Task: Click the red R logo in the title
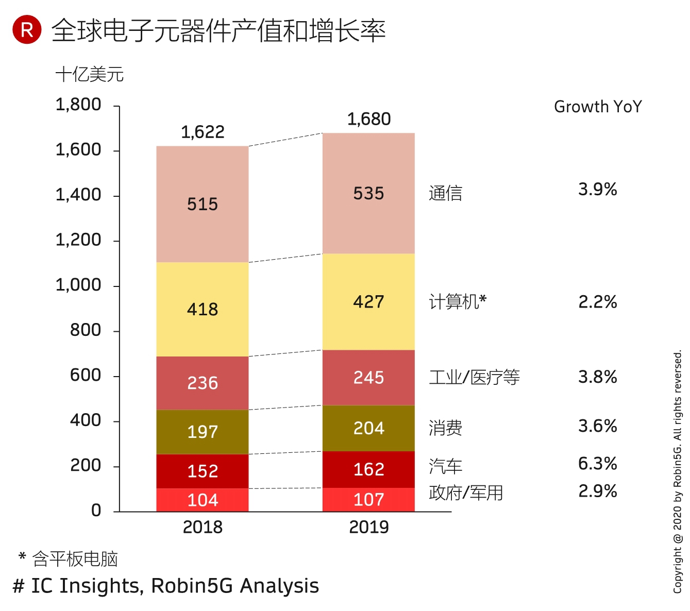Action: click(x=27, y=30)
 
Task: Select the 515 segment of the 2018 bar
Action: click(x=203, y=204)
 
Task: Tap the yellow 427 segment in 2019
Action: click(x=368, y=301)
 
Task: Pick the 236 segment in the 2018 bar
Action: click(x=203, y=383)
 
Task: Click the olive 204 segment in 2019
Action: click(x=368, y=428)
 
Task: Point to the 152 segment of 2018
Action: click(x=203, y=471)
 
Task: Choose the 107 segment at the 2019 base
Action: click(x=368, y=499)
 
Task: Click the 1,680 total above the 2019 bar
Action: click(x=369, y=119)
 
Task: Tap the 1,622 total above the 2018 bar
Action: click(x=203, y=132)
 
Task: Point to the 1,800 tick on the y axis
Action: click(x=78, y=105)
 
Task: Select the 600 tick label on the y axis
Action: click(x=86, y=375)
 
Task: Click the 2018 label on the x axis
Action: click(x=203, y=527)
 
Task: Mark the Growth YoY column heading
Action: click(x=598, y=107)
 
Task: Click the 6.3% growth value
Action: click(x=597, y=464)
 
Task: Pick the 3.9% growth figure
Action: click(x=597, y=189)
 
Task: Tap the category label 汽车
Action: click(x=445, y=466)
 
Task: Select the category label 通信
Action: click(x=445, y=193)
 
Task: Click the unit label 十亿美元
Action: click(x=90, y=75)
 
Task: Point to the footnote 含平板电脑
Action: click(x=75, y=559)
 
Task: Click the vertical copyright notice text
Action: click(x=678, y=471)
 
